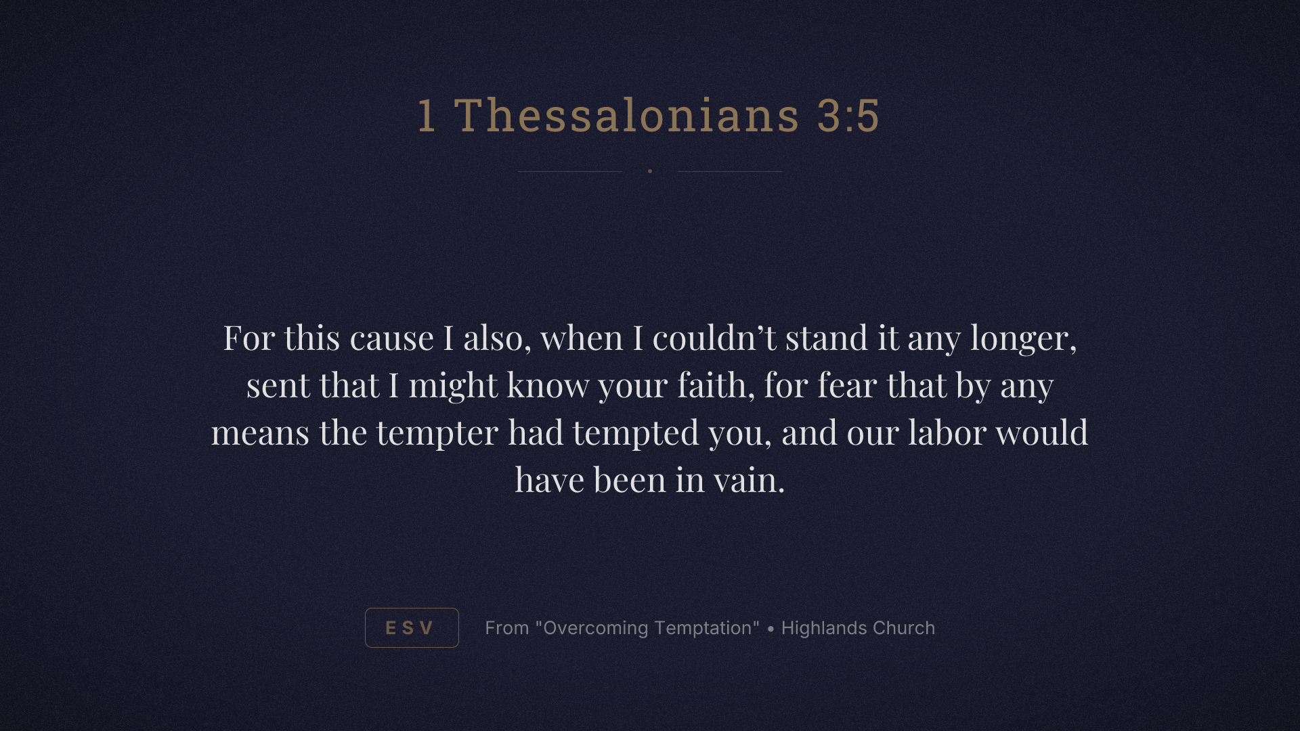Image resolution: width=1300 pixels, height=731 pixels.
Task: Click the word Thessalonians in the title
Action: tap(627, 115)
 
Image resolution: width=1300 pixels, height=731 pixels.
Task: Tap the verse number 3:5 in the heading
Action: tap(848, 115)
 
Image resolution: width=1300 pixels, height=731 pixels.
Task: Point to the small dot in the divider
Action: tap(650, 171)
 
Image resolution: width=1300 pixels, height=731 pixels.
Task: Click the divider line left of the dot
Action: tap(570, 171)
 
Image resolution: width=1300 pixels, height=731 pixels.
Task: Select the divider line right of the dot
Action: tap(730, 171)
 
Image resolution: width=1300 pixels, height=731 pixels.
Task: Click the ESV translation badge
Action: tap(412, 627)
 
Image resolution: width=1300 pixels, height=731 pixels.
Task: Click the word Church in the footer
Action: tap(904, 628)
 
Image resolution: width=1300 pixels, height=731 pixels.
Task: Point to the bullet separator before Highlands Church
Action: tap(771, 629)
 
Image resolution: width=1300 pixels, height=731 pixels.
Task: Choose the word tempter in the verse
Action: tap(437, 433)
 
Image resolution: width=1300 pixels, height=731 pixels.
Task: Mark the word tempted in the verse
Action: tap(635, 433)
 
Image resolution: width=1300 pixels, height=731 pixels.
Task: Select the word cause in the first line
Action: tap(391, 338)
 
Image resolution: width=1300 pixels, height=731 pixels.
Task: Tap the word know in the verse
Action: tap(548, 385)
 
